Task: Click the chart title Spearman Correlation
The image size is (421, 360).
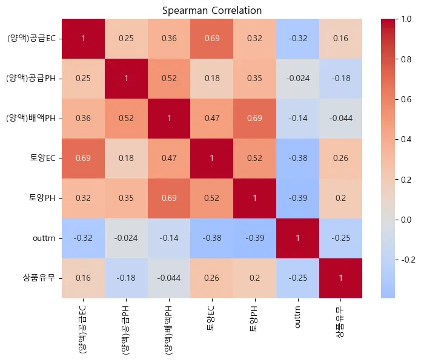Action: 212,10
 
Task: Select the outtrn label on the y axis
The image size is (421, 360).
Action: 44,238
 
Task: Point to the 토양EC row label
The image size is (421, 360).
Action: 44,158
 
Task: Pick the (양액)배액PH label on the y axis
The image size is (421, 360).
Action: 31,118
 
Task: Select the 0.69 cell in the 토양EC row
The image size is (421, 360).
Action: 84,158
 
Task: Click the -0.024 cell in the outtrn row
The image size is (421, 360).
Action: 127,238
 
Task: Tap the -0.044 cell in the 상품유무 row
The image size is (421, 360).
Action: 169,278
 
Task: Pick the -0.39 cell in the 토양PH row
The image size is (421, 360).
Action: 297,198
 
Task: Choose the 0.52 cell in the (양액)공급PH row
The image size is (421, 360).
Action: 169,78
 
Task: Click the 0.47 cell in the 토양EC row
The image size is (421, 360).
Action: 169,158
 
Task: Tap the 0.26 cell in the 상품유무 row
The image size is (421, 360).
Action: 211,278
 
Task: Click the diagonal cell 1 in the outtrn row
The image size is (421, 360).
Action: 297,238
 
